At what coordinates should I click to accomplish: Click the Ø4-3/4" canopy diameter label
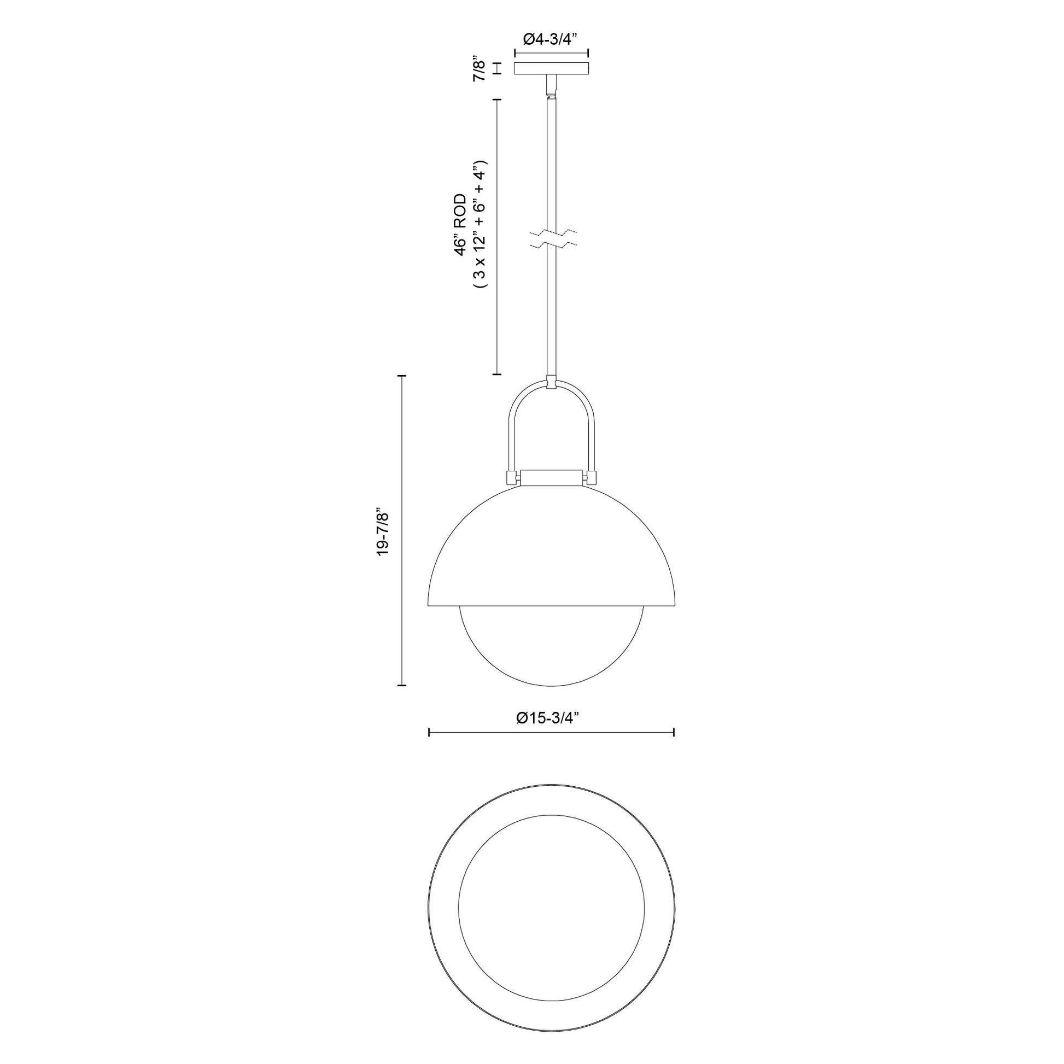pyautogui.click(x=551, y=39)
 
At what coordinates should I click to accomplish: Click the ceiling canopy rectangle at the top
pyautogui.click(x=551, y=68)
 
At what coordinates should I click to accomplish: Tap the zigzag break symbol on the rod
pyautogui.click(x=552, y=238)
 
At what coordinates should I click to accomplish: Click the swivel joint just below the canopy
pyautogui.click(x=551, y=85)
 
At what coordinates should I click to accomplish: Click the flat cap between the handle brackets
pyautogui.click(x=552, y=477)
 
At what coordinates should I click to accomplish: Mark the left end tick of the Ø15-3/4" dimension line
pyautogui.click(x=429, y=732)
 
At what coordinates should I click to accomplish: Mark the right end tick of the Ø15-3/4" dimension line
pyautogui.click(x=674, y=732)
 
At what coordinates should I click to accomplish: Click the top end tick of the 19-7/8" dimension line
pyautogui.click(x=402, y=376)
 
